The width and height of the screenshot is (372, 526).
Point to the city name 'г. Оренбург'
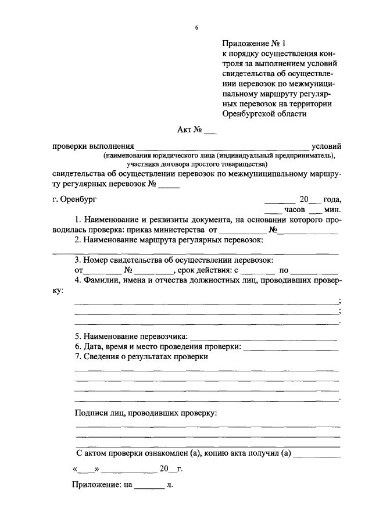pos(73,198)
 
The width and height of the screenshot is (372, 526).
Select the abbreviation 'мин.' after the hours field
pos(333,209)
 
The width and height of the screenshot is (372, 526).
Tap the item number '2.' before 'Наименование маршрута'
pos(78,240)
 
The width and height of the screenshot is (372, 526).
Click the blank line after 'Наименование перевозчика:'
pos(263,338)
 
